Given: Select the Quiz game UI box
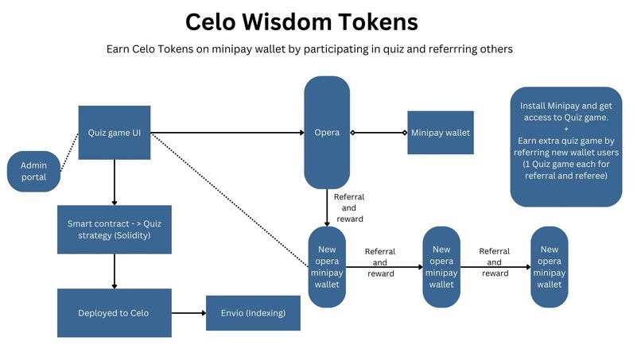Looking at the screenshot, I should [x=115, y=132].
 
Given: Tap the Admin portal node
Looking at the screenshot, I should [x=34, y=171].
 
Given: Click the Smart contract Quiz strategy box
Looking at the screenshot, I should [x=115, y=230].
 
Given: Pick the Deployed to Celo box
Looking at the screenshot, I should [x=115, y=312].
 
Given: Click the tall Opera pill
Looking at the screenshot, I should [x=327, y=132].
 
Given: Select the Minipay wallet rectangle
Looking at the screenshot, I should [x=440, y=132].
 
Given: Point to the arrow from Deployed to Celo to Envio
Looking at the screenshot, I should [x=188, y=312].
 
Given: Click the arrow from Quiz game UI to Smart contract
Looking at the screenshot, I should [x=115, y=182].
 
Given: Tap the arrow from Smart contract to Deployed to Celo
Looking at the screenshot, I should [x=115, y=271].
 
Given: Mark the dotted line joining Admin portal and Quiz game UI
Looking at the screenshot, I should [x=69, y=151].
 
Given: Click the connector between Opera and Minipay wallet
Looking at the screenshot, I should [x=378, y=132].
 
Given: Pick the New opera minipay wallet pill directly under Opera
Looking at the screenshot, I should [x=327, y=267].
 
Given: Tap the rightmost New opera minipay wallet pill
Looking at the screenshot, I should [x=549, y=267].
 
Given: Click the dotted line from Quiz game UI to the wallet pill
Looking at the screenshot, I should [x=231, y=199].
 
